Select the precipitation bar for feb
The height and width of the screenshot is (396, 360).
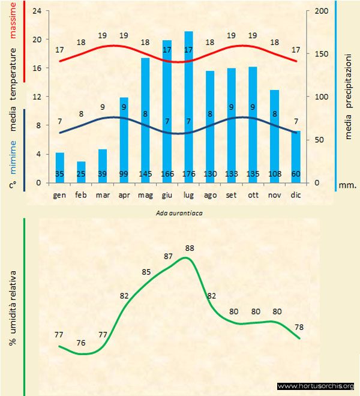pos(81,172)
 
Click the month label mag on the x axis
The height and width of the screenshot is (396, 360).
pos(145,195)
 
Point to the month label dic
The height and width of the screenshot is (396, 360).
pos(296,195)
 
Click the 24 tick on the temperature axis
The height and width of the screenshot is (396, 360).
pos(36,11)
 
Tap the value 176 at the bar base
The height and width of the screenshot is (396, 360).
pos(188,175)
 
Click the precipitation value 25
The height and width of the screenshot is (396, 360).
pos(81,175)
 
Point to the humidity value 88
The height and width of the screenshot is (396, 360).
pos(190,248)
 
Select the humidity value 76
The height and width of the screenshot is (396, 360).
pos(81,343)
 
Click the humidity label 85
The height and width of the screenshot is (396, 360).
pos(146,272)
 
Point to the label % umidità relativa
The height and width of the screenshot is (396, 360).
pos(13,306)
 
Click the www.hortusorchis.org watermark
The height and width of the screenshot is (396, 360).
pos(316,386)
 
